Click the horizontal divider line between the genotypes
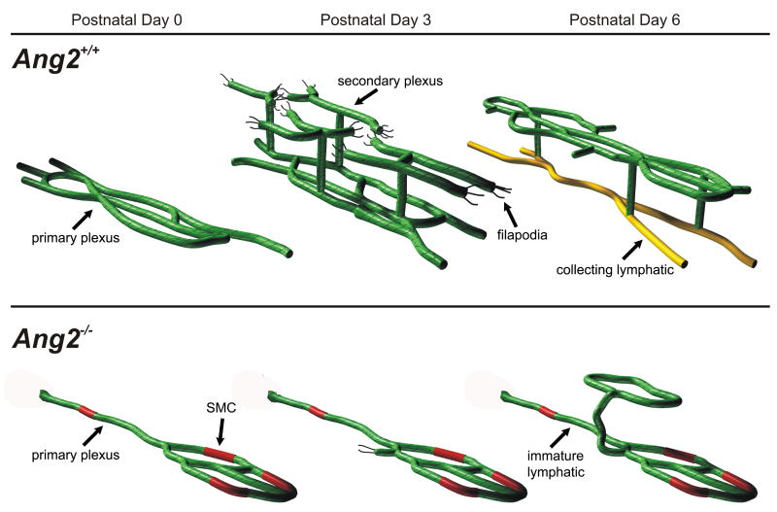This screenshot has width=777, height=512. point(388,307)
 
